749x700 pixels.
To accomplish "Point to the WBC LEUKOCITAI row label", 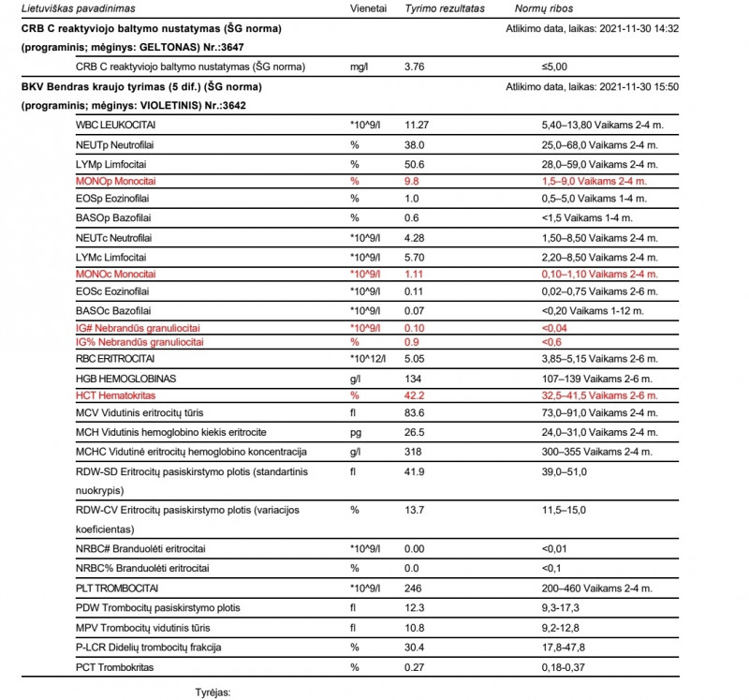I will click(x=116, y=125).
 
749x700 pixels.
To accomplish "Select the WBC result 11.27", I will click(x=417, y=125).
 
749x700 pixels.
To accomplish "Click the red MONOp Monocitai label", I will click(x=118, y=181).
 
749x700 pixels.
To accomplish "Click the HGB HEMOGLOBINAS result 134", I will click(x=414, y=377).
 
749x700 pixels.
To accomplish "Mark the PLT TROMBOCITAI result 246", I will click(x=414, y=588).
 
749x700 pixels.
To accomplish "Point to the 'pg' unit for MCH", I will click(x=356, y=432).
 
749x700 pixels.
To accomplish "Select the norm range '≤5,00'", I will click(x=554, y=67).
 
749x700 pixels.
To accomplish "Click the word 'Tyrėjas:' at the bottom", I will click(x=211, y=693).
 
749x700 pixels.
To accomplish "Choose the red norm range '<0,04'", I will click(x=554, y=328).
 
